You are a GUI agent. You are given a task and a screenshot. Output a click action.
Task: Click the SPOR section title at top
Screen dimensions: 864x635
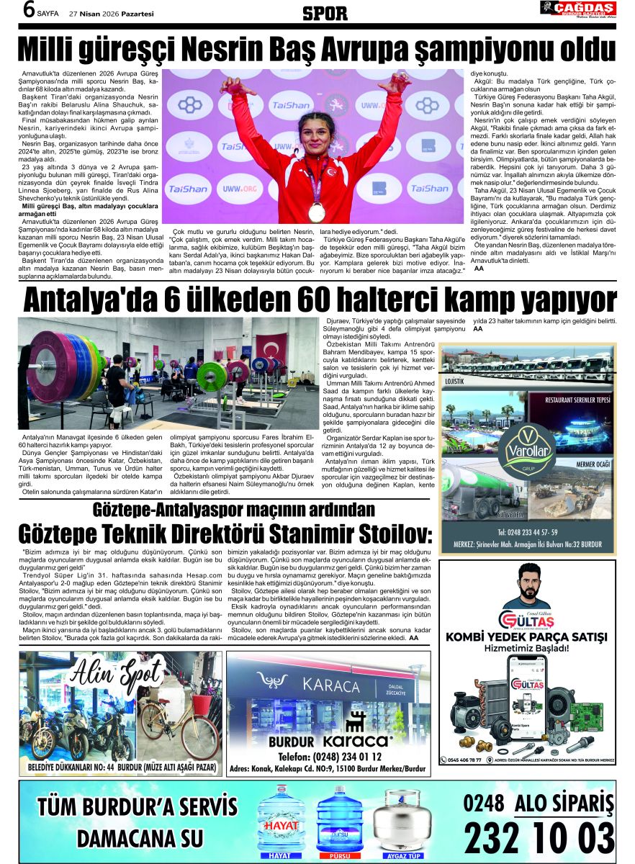[325, 12]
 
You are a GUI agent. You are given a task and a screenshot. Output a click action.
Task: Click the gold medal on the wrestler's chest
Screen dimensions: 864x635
[316, 211]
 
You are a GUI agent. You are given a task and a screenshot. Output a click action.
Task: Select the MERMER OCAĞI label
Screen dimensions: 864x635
[593, 465]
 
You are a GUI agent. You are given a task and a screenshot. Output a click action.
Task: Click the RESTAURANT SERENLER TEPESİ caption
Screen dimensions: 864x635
[578, 400]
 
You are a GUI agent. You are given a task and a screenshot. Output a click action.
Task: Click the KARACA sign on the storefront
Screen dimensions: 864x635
[331, 683]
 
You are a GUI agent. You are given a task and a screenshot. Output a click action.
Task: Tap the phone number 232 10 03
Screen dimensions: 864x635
[539, 838]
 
